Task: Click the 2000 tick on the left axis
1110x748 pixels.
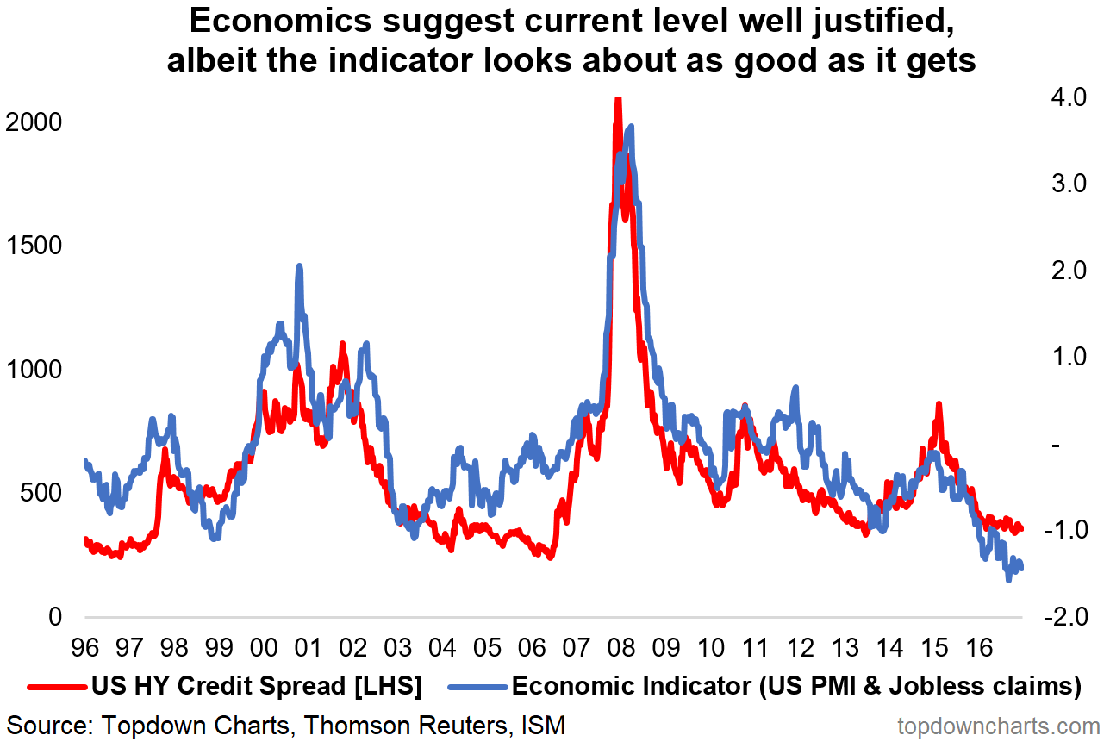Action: click(x=33, y=122)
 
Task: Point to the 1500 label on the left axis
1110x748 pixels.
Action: click(x=33, y=246)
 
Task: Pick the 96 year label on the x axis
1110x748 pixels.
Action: click(x=84, y=646)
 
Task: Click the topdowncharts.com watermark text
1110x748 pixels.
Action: click(x=999, y=726)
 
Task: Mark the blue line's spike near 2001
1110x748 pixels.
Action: click(x=299, y=266)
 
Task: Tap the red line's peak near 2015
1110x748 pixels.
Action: click(x=939, y=404)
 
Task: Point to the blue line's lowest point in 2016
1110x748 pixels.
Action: click(x=1008, y=580)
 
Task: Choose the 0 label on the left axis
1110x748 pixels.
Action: click(x=55, y=617)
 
